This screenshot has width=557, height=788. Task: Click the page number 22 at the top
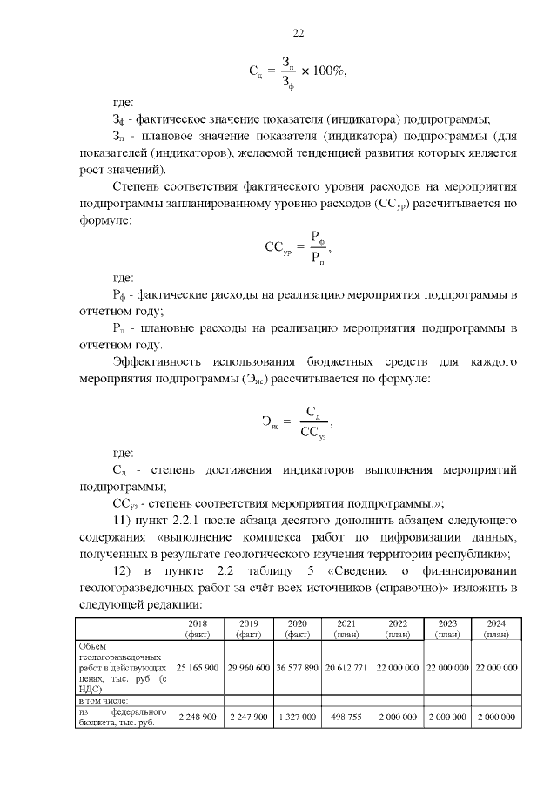point(298,34)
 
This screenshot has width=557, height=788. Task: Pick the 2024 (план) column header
point(495,630)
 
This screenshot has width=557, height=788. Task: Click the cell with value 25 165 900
point(198,667)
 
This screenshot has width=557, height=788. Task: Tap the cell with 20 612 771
point(346,667)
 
